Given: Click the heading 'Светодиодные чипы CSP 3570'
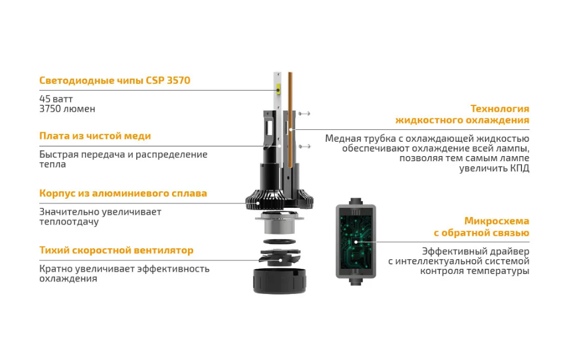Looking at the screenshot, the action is (115, 80).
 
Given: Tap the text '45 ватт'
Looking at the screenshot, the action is (56, 99).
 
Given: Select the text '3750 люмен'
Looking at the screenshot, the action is (67, 109).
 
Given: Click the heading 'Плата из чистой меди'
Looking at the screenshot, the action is (95, 136).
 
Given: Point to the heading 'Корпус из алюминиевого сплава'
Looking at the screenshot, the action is (123, 193).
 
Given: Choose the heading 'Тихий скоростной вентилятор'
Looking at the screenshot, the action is (116, 250).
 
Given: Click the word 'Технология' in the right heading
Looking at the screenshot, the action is (500, 109).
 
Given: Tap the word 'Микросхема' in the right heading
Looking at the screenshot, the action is (497, 221).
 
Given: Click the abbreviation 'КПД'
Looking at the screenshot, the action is (520, 169).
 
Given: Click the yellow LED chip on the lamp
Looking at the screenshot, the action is (278, 89).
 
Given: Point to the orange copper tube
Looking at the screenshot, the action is (290, 120).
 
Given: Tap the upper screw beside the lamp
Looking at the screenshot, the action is (304, 113).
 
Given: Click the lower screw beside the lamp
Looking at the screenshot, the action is (304, 146).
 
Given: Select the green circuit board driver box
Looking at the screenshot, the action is (356, 242).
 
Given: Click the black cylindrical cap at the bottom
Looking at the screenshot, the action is (280, 281).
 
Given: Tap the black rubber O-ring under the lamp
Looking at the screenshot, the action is (280, 242).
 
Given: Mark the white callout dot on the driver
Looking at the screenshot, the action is (356, 242).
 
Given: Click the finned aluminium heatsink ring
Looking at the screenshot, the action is (280, 201).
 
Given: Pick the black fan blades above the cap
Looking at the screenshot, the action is (280, 257).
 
